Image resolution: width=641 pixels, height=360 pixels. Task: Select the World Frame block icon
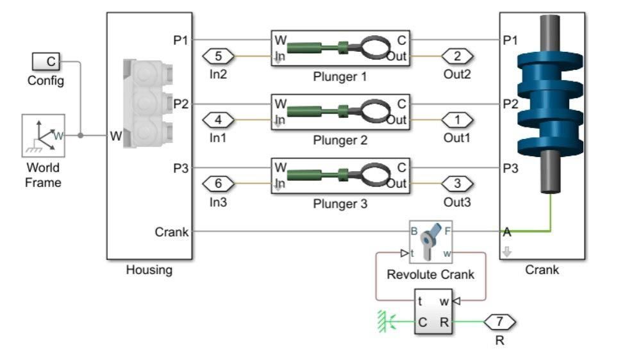click(43, 136)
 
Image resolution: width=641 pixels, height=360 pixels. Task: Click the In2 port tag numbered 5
click(219, 56)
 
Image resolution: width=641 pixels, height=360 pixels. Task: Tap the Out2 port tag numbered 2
click(457, 56)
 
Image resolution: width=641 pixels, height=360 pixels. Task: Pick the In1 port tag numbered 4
click(219, 120)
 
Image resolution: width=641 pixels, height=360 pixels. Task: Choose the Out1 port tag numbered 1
click(457, 120)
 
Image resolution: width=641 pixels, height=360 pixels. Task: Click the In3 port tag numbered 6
click(219, 184)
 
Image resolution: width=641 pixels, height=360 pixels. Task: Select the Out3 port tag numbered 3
click(457, 184)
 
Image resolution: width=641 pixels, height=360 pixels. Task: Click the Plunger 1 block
click(340, 48)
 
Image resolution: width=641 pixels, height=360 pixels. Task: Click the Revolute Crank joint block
click(430, 243)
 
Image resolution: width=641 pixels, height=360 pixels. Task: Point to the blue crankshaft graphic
click(549, 102)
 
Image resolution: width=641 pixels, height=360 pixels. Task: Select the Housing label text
click(149, 270)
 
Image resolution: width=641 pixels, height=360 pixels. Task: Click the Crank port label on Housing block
click(172, 232)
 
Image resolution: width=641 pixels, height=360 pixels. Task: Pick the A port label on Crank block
click(507, 232)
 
